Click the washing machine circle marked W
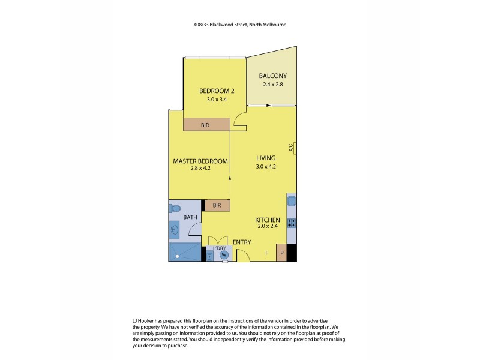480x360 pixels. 224,254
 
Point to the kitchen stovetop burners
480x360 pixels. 292,223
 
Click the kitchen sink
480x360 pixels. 292,202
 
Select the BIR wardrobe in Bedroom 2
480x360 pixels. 206,124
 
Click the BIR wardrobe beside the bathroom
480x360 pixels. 217,205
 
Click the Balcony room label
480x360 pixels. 273,76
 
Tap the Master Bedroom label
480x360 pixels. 200,161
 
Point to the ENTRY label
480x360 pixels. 250,242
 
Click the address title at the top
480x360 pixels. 239,25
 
